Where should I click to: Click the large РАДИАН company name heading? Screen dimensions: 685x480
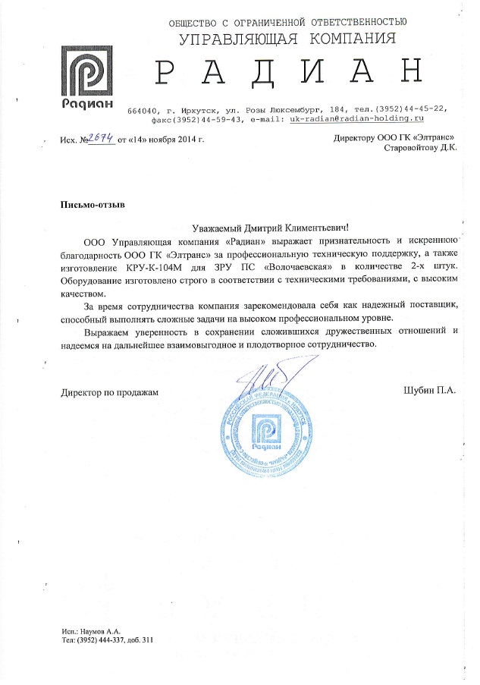(287, 71)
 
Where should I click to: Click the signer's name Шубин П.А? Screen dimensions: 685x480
(430, 391)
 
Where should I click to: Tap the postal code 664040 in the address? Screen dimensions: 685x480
(143, 109)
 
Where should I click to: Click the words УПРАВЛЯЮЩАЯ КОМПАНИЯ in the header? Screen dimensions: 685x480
(287, 38)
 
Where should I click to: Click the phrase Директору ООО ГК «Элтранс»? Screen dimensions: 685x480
(394, 137)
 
